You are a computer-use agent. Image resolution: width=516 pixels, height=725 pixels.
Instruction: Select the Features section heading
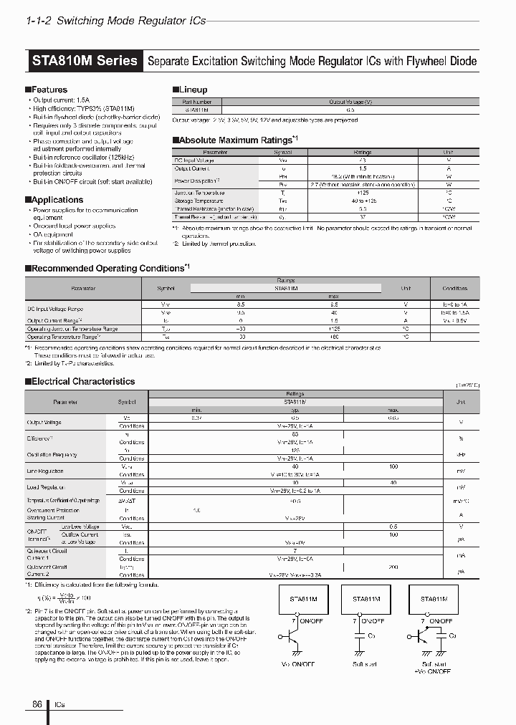point(49,90)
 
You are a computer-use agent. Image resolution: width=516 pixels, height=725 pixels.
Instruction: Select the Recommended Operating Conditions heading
point(107,268)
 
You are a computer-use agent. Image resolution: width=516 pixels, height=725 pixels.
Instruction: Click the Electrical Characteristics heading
point(83,382)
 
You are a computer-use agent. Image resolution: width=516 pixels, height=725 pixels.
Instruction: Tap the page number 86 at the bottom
point(37,704)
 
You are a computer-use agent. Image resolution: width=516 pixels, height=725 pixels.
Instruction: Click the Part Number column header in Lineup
point(197,102)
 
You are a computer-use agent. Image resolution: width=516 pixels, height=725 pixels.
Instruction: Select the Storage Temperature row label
point(200,201)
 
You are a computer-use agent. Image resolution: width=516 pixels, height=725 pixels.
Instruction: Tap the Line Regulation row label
point(44,471)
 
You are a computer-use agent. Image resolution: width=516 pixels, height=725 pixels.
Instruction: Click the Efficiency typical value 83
point(295,434)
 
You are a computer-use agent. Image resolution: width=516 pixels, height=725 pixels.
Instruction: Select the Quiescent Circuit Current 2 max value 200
point(393,566)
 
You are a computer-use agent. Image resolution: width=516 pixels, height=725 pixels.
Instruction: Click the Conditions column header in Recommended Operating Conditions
point(454,288)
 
